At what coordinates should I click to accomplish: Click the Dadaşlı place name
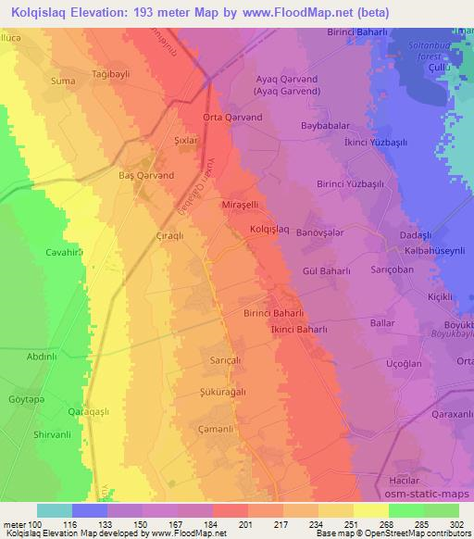(x=416, y=236)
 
